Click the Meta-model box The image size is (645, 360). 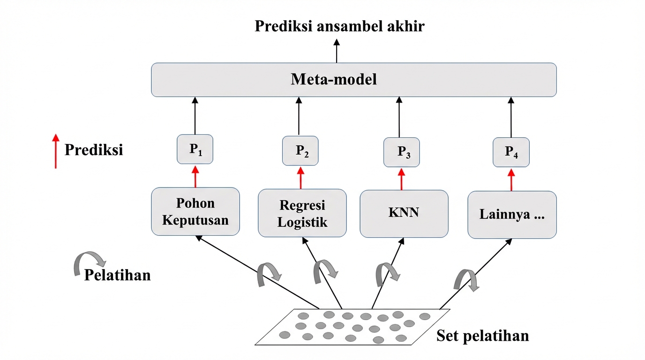pos(354,80)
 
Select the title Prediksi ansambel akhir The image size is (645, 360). pos(339,26)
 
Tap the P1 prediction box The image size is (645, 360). pos(195,150)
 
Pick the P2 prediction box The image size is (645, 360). pos(300,151)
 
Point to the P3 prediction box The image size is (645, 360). pos(401,152)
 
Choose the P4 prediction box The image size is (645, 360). pos(511,152)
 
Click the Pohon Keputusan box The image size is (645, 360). pos(195,211)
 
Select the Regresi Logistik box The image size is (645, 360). pos(302,213)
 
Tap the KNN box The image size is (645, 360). pos(404,213)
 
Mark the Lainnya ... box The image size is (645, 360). pos(512,215)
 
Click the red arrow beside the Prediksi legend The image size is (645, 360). pos(56,150)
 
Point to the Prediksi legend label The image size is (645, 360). pos(94,150)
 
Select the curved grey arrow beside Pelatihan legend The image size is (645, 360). pos(89,262)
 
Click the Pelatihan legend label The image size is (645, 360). pos(117,275)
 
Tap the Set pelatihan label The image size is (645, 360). pos(482,336)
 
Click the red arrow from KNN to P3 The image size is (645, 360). pos(401,179)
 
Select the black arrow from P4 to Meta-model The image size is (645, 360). pos(511,117)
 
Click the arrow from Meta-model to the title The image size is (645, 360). pos(336,52)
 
